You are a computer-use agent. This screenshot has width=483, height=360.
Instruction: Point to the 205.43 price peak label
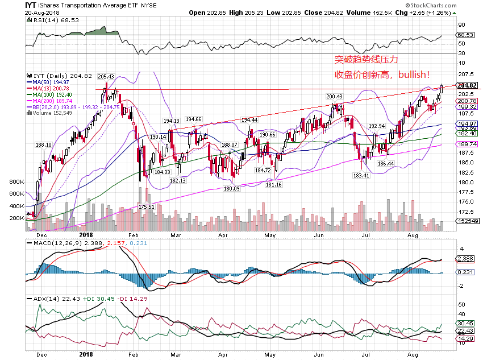tap(106, 77)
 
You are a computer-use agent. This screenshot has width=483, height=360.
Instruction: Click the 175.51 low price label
tap(146, 207)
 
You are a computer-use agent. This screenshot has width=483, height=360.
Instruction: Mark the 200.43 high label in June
tap(334, 97)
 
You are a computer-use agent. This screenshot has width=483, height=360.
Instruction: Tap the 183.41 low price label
tap(361, 176)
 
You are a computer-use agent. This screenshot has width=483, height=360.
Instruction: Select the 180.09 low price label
tap(231, 188)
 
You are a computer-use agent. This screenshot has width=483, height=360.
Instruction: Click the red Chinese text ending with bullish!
tap(382, 75)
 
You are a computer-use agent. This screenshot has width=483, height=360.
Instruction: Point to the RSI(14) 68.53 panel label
tap(53, 20)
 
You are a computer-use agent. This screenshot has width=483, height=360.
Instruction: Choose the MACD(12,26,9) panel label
tap(57, 244)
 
